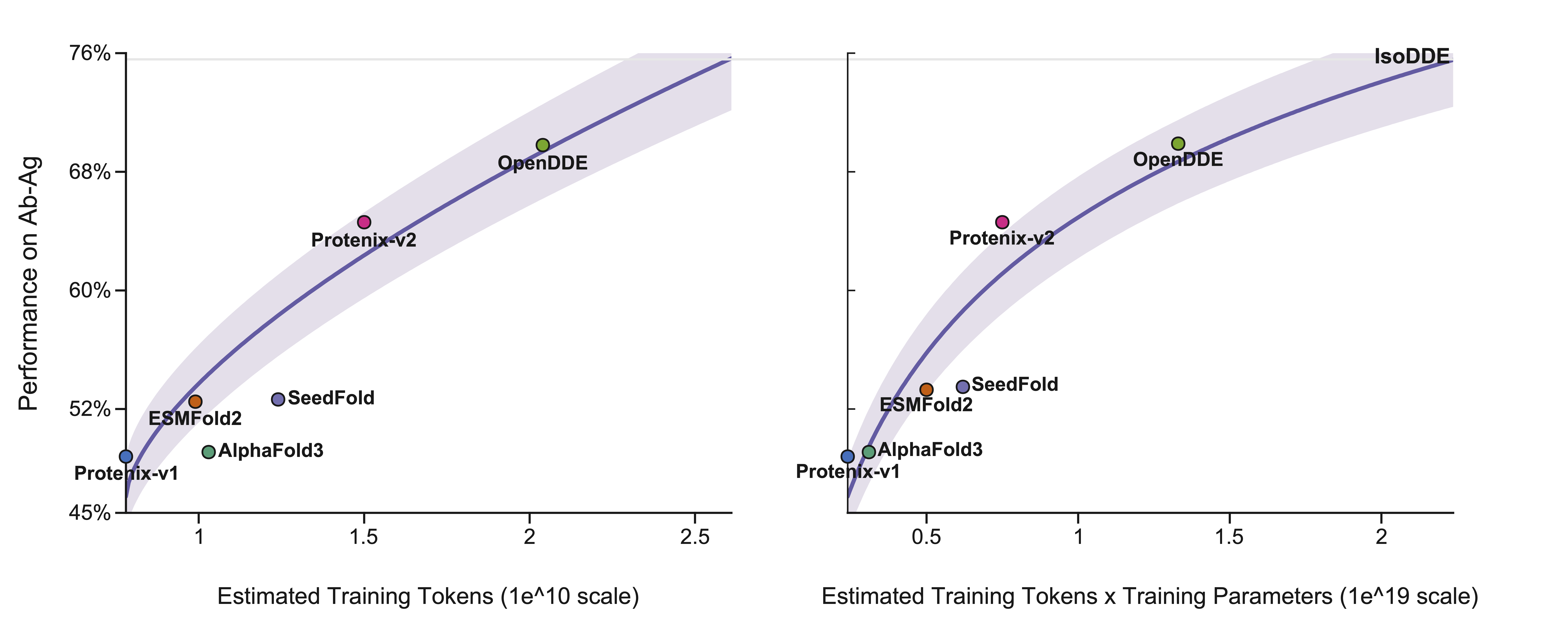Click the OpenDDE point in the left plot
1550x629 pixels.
click(x=543, y=145)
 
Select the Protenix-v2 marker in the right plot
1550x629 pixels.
click(x=1002, y=222)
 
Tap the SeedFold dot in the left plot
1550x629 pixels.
click(x=278, y=399)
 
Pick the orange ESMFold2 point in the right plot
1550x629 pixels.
click(x=927, y=390)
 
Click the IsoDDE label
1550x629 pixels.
click(x=1412, y=56)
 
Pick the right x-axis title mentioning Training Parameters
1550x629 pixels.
click(x=1150, y=596)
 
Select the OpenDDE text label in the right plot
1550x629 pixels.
click(x=1178, y=159)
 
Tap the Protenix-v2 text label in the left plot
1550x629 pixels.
click(x=364, y=240)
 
